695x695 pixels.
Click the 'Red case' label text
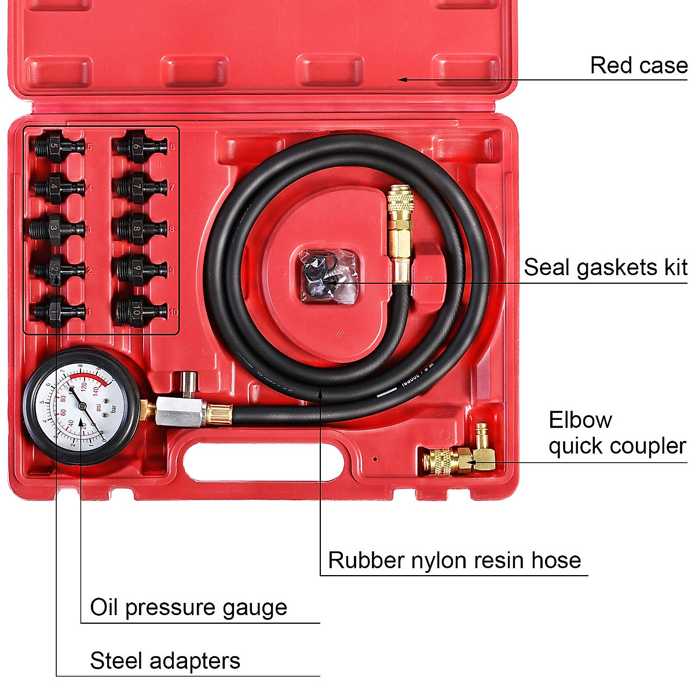pos(638,65)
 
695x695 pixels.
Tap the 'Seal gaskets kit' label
pos(605,268)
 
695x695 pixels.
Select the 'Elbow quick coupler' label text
pos(617,433)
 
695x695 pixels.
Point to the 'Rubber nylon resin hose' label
pos(454,561)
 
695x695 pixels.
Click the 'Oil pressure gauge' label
pos(188,608)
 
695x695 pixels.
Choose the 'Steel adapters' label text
pos(165,661)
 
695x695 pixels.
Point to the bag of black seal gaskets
pos(327,275)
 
